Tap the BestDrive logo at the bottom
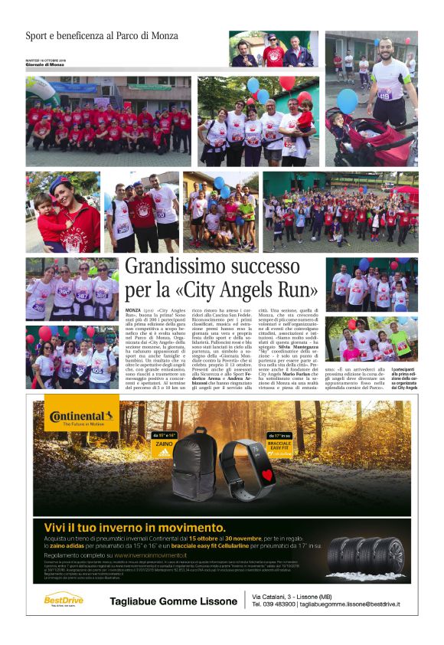(x=63, y=598)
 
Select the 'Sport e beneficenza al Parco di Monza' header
(x=102, y=36)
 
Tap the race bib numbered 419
(x=384, y=94)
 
